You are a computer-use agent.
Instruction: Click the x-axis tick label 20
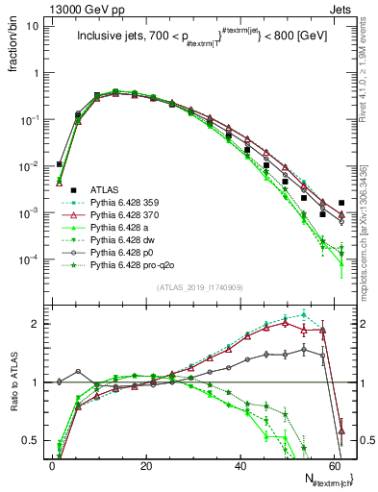[x=146, y=464]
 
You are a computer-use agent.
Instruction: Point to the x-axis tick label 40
[x=240, y=464]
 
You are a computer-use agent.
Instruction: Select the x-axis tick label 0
[x=53, y=464]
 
